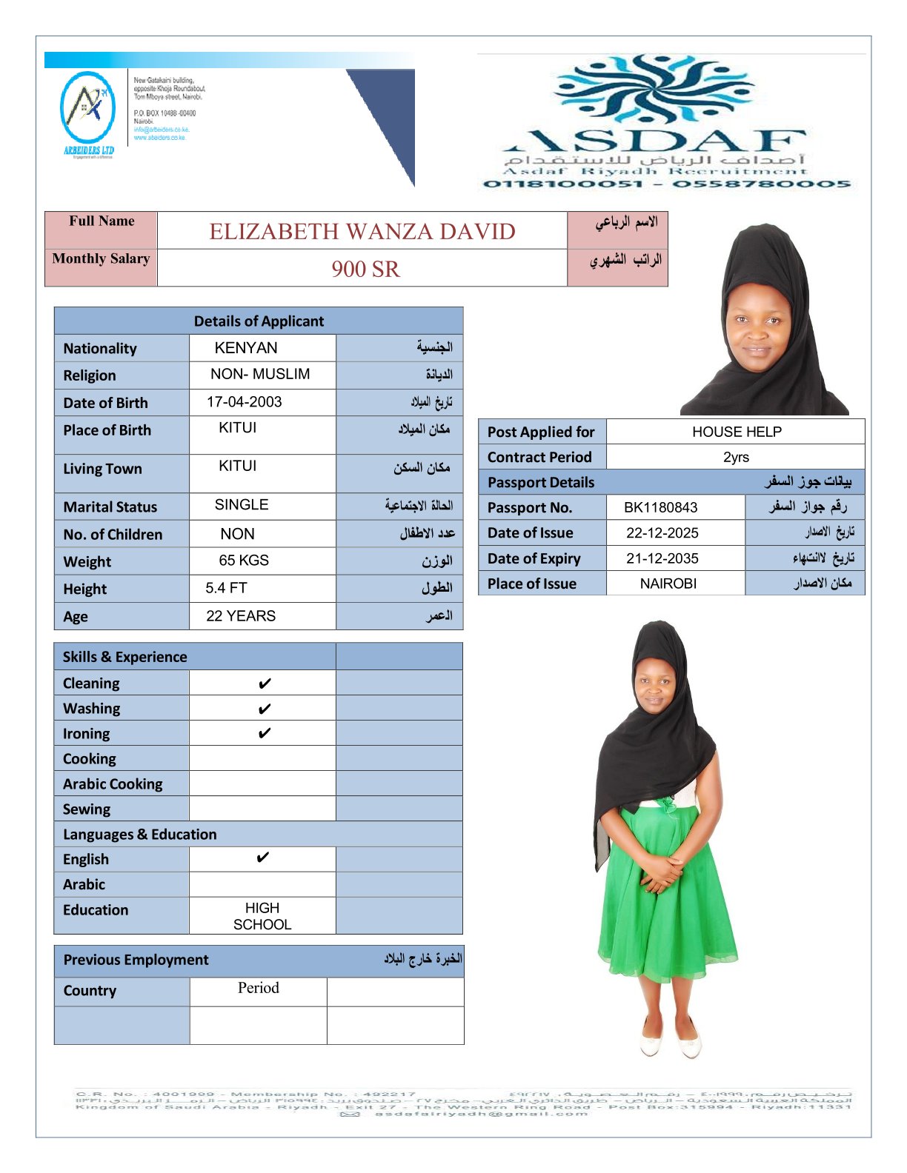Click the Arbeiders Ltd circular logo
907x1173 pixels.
87,108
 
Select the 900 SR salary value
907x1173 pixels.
365,269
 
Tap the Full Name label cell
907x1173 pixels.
102,221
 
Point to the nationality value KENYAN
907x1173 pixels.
246,348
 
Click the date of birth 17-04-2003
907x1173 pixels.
244,402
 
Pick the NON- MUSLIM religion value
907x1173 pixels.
260,374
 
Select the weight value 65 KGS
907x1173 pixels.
244,561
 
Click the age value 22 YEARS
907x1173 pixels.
241,616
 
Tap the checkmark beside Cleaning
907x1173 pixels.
265,684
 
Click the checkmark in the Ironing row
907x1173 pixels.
265,734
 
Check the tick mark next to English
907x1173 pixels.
262,858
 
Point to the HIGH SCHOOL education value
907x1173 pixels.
262,916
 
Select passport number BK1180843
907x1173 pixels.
660,507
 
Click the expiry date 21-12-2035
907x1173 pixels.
662,558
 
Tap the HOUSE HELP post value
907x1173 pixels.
737,432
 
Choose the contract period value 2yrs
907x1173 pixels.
736,457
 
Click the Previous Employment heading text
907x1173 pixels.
136,960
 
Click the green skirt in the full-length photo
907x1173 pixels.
667,903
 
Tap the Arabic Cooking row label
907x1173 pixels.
113,784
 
